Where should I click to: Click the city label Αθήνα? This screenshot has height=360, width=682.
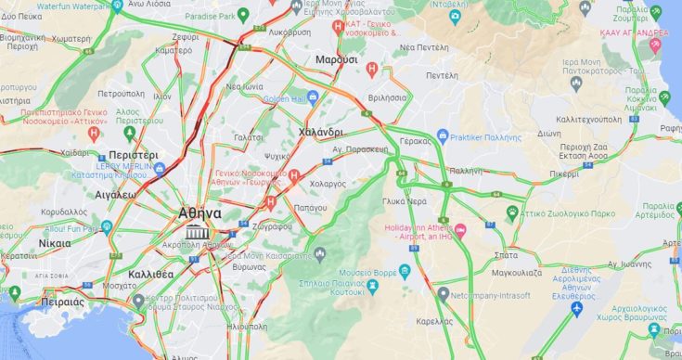tap(199, 212)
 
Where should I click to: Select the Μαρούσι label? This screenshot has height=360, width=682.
tap(337, 59)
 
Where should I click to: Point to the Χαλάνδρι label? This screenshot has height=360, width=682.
tap(322, 133)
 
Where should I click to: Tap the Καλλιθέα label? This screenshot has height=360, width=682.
tap(150, 274)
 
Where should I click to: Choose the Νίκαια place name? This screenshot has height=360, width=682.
tap(54, 243)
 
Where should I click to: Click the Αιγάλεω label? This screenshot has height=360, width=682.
tap(116, 195)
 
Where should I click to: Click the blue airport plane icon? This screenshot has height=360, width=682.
tap(577, 308)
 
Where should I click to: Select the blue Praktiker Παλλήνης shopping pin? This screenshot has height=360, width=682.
tap(443, 135)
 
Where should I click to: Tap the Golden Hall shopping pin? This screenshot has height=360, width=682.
tap(314, 98)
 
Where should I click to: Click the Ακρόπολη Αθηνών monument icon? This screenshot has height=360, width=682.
tap(196, 231)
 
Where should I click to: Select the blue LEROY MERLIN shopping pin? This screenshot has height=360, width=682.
tap(160, 168)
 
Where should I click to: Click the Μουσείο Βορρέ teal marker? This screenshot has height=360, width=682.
tap(405, 272)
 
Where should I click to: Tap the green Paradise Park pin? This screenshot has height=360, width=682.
tap(243, 15)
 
